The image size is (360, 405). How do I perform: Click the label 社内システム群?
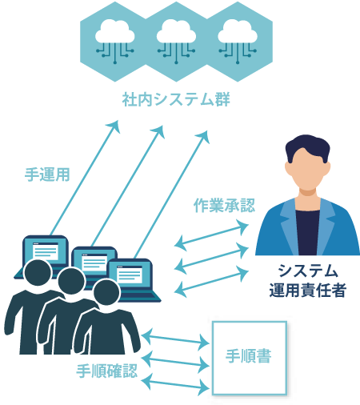(176, 99)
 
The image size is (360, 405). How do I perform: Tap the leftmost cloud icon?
(115, 41)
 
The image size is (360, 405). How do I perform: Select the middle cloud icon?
(176, 41)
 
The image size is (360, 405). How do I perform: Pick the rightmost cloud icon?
(238, 41)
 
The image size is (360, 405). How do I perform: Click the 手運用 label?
(47, 174)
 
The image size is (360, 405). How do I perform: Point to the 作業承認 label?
(224, 206)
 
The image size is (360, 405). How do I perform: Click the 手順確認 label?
(107, 371)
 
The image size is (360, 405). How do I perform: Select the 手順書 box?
(250, 358)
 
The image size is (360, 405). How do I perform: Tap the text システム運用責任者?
(308, 280)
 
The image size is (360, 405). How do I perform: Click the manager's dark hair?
(307, 146)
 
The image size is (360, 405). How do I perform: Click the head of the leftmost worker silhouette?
(38, 274)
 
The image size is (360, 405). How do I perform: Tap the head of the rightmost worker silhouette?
(106, 293)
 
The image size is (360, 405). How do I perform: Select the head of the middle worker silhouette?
(71, 282)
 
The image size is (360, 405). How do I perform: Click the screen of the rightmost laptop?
(130, 274)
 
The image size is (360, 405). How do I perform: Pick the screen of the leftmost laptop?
(46, 251)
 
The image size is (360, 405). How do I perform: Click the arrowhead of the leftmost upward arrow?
(114, 126)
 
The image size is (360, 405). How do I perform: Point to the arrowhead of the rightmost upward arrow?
(203, 136)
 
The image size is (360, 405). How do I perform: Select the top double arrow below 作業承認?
(211, 235)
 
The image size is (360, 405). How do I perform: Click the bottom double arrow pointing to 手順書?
(174, 384)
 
